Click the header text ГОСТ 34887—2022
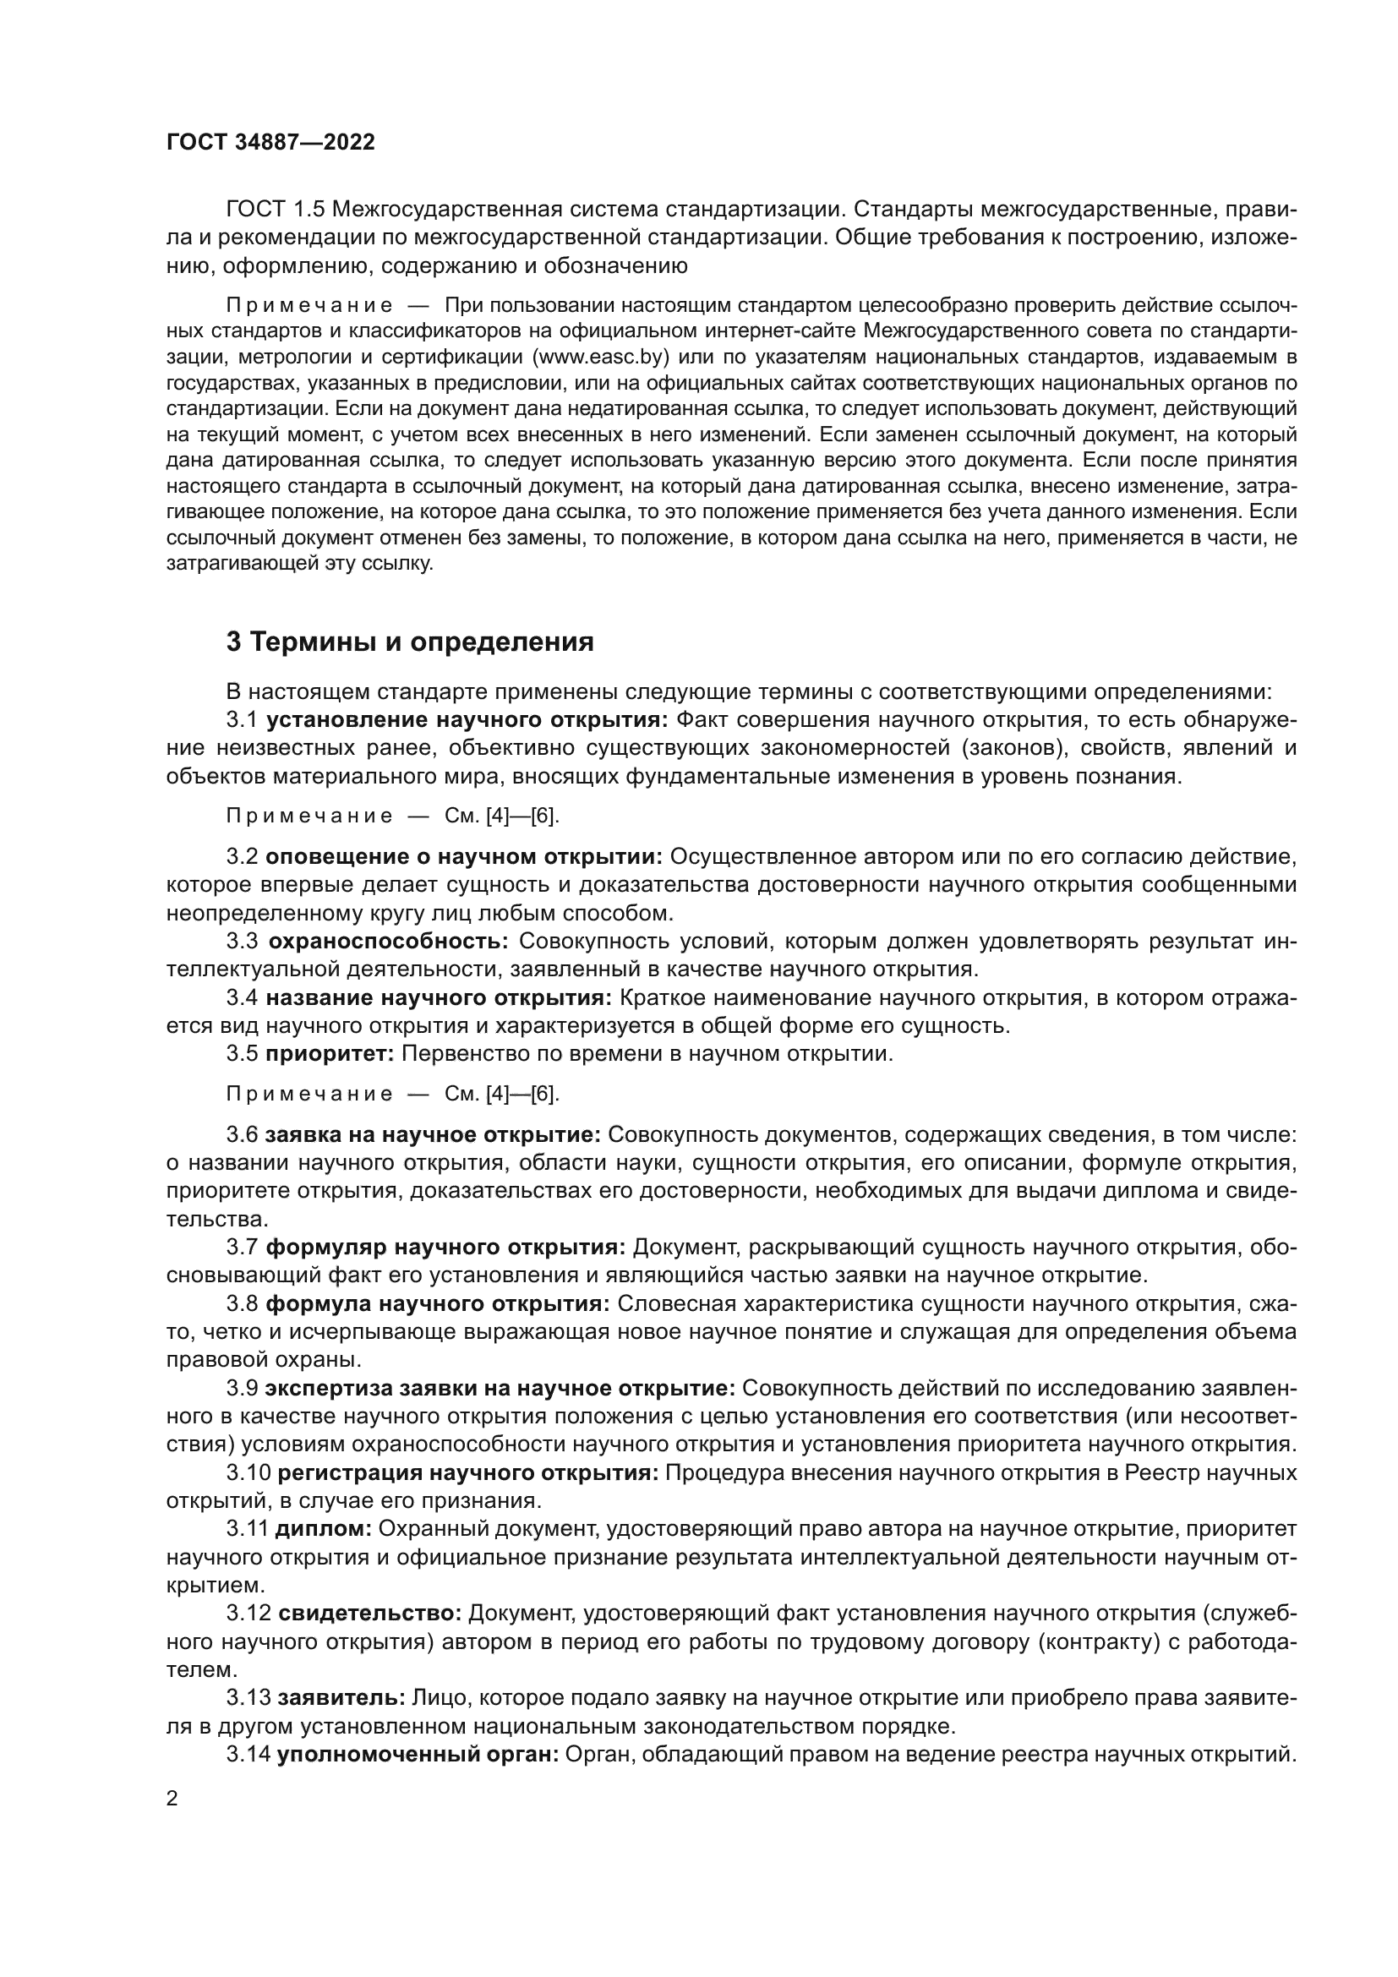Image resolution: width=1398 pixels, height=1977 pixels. pyautogui.click(x=270, y=143)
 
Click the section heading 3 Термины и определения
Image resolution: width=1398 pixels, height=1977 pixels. pyautogui.click(x=410, y=642)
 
